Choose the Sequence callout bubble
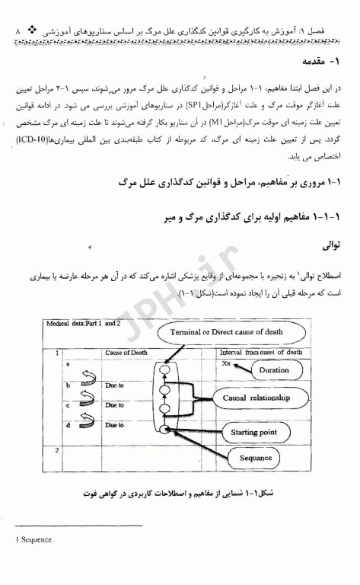tap(256, 458)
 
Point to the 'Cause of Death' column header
tap(126, 353)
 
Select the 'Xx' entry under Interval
tap(226, 364)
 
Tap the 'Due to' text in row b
tap(115, 385)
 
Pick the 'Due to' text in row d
tap(115, 425)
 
